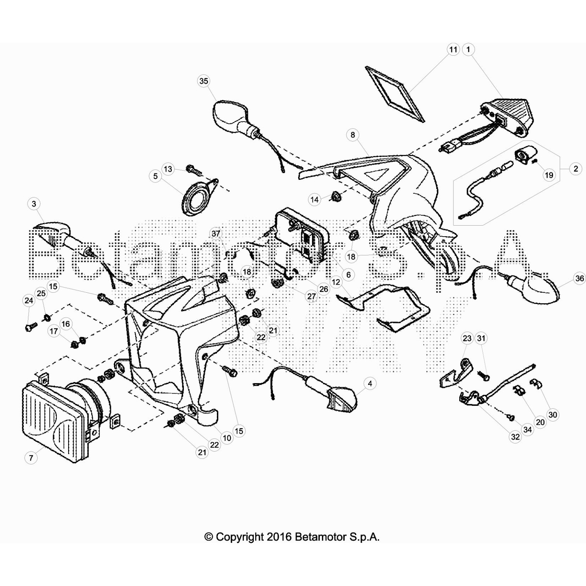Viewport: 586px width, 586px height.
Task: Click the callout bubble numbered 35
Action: pos(204,81)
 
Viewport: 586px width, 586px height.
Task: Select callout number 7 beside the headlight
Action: pos(31,457)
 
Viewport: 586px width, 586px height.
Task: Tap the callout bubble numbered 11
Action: pos(453,49)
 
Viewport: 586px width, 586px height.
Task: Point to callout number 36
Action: pos(579,278)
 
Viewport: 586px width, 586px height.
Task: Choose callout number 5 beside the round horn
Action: pos(155,176)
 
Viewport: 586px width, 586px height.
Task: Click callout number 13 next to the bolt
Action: pos(168,169)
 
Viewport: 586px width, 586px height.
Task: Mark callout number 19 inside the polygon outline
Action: pos(549,175)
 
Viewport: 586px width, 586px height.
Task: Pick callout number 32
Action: pos(515,437)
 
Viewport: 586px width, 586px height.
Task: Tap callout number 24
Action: pos(29,300)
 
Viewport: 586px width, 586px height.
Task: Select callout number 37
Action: pos(216,233)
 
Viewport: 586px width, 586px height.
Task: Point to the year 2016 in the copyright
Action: pos(279,537)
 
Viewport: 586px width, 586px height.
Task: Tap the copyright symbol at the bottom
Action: pos(209,537)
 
